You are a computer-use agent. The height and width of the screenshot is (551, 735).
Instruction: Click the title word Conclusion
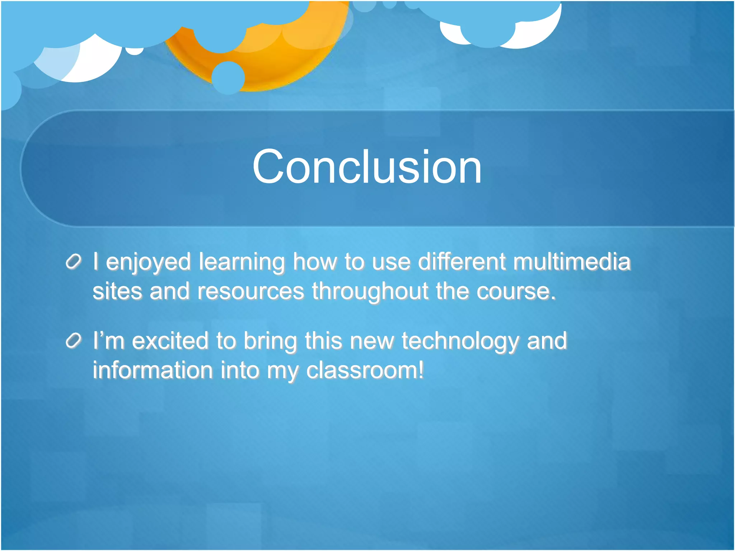pyautogui.click(x=367, y=167)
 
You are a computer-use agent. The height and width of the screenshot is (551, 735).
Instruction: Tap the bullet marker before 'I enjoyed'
pyautogui.click(x=74, y=262)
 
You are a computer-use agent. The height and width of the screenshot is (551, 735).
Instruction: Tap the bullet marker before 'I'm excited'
pyautogui.click(x=74, y=340)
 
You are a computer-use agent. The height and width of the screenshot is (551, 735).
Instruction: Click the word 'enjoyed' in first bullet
pyautogui.click(x=148, y=262)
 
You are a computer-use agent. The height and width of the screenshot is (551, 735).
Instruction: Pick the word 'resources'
pyautogui.click(x=251, y=291)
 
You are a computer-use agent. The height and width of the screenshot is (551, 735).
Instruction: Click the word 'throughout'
pyautogui.click(x=370, y=291)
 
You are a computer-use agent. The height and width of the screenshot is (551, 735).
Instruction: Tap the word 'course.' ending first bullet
pyautogui.click(x=516, y=291)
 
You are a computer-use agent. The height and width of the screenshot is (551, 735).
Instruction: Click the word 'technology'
pyautogui.click(x=460, y=341)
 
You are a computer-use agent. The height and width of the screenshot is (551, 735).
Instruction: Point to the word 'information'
pyautogui.click(x=153, y=370)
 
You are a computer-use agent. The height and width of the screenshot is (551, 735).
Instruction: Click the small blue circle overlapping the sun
pyautogui.click(x=228, y=77)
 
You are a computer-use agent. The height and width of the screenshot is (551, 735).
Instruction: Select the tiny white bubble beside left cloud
pyautogui.click(x=134, y=51)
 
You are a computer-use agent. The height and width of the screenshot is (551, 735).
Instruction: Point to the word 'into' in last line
pyautogui.click(x=240, y=370)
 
